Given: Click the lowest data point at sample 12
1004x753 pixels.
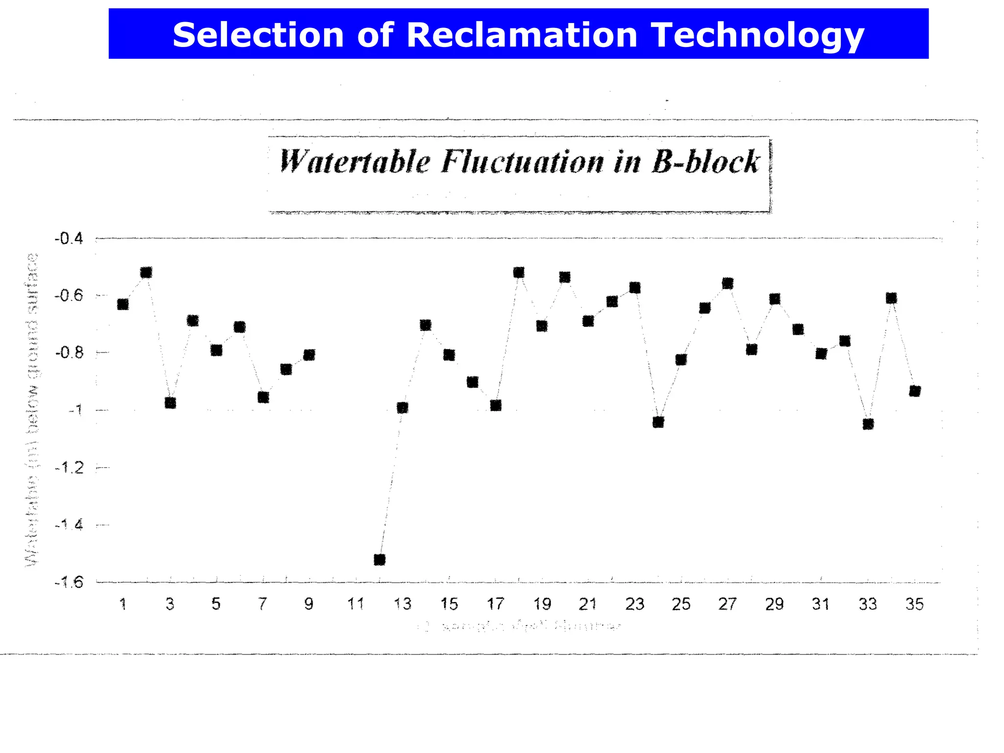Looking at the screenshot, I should pyautogui.click(x=379, y=559).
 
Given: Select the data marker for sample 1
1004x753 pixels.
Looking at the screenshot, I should pyautogui.click(x=123, y=304).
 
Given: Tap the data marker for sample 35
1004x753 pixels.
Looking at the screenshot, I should pyautogui.click(x=915, y=391).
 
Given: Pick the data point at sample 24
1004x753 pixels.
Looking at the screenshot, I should pyautogui.click(x=658, y=422).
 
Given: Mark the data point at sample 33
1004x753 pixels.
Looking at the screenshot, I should pyautogui.click(x=868, y=424).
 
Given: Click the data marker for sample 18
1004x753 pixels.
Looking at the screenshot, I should pyautogui.click(x=519, y=272).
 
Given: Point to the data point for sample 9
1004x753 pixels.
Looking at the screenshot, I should pyautogui.click(x=309, y=355).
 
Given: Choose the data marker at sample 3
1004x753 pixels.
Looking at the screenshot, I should pyautogui.click(x=170, y=403).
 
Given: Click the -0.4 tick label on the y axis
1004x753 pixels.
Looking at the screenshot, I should pyautogui.click(x=69, y=239).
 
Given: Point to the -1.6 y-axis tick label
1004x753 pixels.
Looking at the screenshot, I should pyautogui.click(x=69, y=582).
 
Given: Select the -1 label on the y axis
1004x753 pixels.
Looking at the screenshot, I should pyautogui.click(x=75, y=410).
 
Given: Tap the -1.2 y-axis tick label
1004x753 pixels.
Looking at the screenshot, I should pyautogui.click(x=69, y=468).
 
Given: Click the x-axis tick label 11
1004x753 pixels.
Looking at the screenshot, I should pyautogui.click(x=356, y=604).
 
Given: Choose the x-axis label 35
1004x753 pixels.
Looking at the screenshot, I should pyautogui.click(x=915, y=604).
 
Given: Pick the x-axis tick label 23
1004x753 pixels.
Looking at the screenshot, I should pyautogui.click(x=635, y=604).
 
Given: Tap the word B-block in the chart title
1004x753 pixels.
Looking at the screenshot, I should pyautogui.click(x=706, y=162).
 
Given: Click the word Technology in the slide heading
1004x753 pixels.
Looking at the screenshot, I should pyautogui.click(x=757, y=35).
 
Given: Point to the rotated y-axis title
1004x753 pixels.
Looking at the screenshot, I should pyautogui.click(x=32, y=410).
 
